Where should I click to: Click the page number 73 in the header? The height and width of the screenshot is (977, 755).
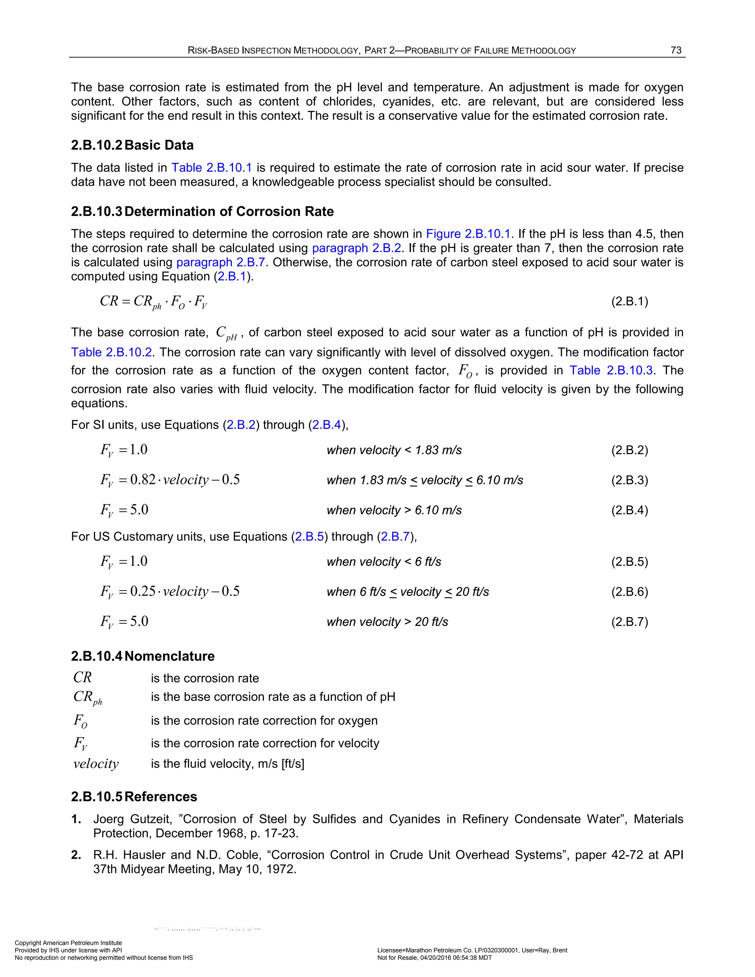676,50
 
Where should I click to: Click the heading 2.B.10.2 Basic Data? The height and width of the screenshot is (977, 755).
132,145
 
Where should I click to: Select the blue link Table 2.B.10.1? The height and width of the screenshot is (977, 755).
212,168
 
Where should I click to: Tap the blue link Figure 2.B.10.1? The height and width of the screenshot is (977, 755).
468,234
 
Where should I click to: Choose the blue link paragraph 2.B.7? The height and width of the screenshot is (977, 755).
220,262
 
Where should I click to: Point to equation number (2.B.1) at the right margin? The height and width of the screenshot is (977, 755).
629,301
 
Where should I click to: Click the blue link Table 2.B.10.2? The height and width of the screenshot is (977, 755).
111,352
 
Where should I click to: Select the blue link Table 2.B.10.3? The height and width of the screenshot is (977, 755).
611,371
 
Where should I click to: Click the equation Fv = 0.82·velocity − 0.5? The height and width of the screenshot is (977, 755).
170,480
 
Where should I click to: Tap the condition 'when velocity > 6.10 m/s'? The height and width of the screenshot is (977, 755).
394,510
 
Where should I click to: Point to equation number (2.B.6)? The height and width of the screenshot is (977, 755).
629,592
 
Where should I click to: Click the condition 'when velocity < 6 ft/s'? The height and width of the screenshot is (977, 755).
384,562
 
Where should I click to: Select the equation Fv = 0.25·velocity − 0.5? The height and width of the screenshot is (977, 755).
170,591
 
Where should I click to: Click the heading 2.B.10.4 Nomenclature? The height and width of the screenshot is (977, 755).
143,656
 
